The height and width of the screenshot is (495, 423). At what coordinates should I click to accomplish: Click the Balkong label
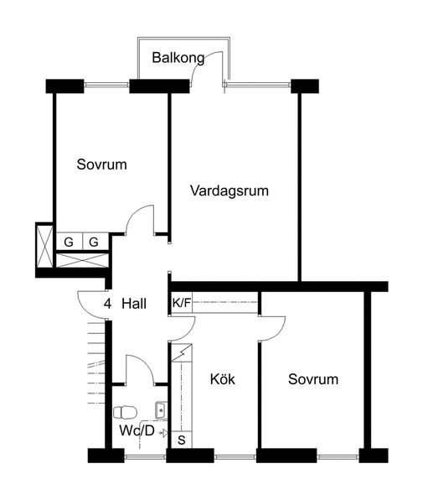click(x=178, y=59)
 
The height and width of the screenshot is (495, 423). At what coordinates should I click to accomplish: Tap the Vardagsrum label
click(x=230, y=191)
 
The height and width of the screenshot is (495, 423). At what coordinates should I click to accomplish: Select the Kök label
click(x=223, y=379)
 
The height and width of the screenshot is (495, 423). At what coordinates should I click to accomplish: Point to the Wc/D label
click(x=137, y=430)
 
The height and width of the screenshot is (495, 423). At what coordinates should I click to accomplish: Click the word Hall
click(x=134, y=304)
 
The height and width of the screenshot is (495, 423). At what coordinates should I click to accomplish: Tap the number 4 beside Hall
click(x=107, y=304)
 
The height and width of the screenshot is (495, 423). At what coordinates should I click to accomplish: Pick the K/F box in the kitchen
click(x=182, y=303)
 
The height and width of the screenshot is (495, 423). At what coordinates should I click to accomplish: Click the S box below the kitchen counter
click(x=182, y=440)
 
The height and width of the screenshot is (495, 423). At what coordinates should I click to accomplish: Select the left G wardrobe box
click(x=69, y=242)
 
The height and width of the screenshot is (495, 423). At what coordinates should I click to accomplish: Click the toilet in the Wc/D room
click(x=125, y=412)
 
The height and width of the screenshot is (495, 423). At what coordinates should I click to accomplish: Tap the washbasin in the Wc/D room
click(x=161, y=410)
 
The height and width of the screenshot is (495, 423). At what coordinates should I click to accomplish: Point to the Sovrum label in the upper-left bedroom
click(x=102, y=164)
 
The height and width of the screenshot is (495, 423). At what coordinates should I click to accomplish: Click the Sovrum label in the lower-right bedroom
click(x=313, y=379)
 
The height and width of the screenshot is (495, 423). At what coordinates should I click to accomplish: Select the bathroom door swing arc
click(x=143, y=363)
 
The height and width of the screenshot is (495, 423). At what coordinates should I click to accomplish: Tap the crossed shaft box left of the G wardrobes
click(x=44, y=246)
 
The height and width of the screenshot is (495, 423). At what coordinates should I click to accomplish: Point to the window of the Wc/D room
click(x=145, y=456)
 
